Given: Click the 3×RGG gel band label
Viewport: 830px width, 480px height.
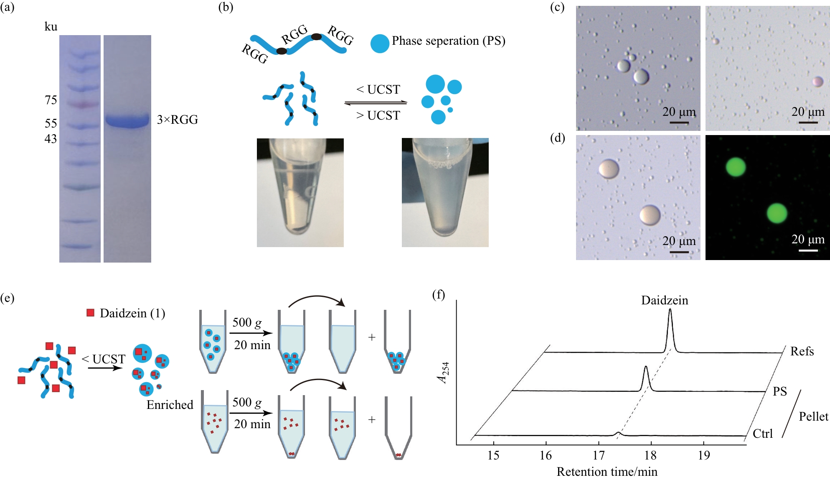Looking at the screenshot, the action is click(x=177, y=120).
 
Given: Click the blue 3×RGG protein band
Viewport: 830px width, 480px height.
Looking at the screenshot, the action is click(x=127, y=120).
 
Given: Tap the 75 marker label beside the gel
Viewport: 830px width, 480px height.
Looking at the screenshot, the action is click(x=51, y=100).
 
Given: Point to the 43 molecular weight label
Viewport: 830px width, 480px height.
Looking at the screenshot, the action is click(x=51, y=139).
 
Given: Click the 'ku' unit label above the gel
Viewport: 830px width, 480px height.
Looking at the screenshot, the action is click(x=51, y=27).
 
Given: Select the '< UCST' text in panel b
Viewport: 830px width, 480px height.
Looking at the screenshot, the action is click(x=378, y=89).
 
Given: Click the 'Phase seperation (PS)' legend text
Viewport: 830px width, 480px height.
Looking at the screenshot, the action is click(x=448, y=41).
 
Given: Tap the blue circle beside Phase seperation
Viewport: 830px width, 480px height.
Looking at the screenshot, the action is click(x=380, y=43).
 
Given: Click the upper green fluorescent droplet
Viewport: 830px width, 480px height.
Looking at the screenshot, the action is click(x=736, y=167).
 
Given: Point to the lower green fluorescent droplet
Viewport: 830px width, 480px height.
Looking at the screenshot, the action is click(x=777, y=213).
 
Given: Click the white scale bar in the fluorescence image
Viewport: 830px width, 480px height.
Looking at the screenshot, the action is click(x=808, y=250).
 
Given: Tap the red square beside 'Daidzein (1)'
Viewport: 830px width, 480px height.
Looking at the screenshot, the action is click(x=90, y=313).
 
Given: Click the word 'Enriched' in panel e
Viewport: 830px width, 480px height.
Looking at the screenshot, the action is click(x=170, y=405).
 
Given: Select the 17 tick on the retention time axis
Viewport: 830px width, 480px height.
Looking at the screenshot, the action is click(x=599, y=455).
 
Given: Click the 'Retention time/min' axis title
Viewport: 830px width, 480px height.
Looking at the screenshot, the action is click(x=607, y=472).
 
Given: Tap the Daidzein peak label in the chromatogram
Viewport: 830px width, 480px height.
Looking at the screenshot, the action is click(x=665, y=300).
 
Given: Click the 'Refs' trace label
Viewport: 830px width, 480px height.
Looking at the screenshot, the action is click(x=802, y=351).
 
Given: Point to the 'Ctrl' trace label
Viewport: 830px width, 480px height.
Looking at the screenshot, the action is click(x=763, y=434).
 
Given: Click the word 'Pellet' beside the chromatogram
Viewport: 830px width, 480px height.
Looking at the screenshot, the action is click(x=813, y=416).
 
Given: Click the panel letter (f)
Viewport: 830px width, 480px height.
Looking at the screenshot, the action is click(x=439, y=295).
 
